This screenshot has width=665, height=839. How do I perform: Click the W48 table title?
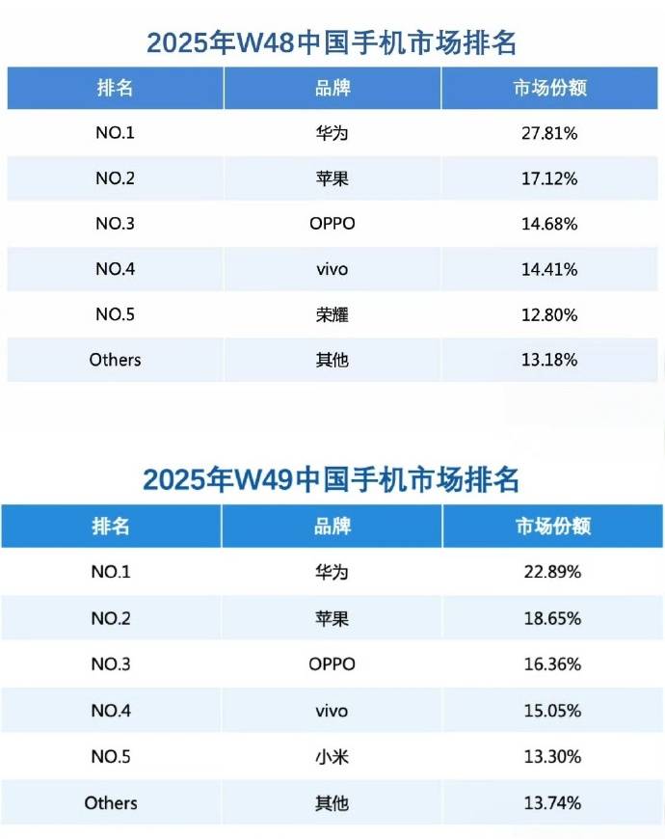click(x=332, y=42)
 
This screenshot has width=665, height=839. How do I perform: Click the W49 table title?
click(x=332, y=479)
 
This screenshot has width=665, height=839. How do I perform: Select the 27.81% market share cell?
click(x=549, y=133)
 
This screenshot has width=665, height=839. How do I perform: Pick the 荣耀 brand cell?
click(x=332, y=314)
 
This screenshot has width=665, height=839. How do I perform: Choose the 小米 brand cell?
click(x=332, y=757)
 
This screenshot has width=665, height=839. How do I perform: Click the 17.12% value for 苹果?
click(x=549, y=178)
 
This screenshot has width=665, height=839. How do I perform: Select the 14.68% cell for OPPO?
click(x=549, y=224)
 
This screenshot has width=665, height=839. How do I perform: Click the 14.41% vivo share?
click(x=549, y=269)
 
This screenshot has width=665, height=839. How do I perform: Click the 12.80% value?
click(x=549, y=314)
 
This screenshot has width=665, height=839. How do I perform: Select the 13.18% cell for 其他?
click(x=549, y=360)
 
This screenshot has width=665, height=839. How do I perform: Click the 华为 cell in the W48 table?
click(x=332, y=133)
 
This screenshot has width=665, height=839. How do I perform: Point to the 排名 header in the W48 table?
click(x=115, y=88)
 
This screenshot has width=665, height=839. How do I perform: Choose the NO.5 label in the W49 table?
click(x=111, y=757)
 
